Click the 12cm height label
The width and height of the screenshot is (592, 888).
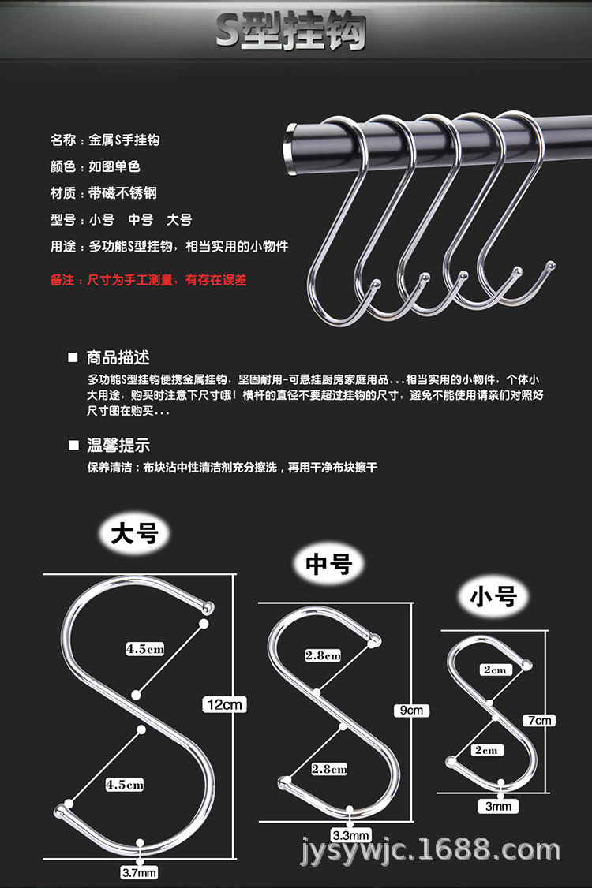click(225, 704)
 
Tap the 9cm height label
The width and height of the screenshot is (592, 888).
click(411, 710)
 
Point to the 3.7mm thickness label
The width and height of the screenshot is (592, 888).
click(140, 872)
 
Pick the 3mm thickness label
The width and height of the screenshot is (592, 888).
click(499, 805)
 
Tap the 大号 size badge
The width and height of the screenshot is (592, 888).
click(135, 534)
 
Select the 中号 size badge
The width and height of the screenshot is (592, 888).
click(328, 564)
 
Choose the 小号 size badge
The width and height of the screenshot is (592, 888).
click(493, 598)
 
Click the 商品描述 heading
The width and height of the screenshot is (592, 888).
click(118, 357)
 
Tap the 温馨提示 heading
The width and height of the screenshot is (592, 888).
click(118, 445)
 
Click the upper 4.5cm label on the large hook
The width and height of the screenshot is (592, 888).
click(146, 649)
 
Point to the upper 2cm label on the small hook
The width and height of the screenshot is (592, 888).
click(496, 670)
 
